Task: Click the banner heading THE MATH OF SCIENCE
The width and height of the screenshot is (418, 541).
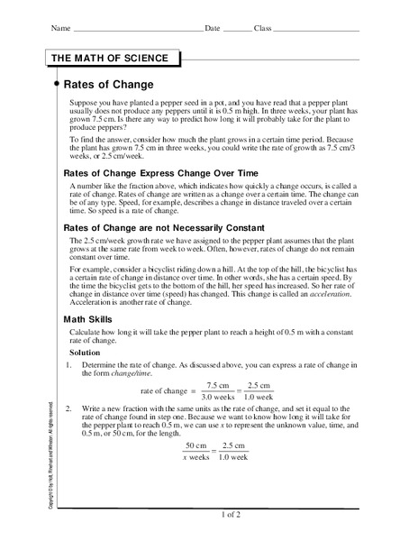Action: [110, 59]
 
